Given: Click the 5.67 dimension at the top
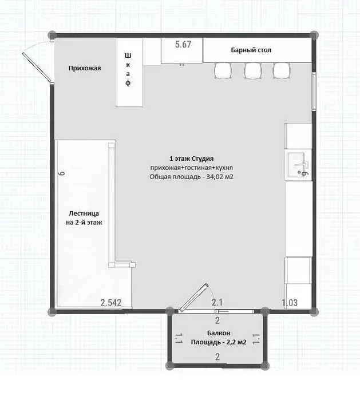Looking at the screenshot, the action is pos(183,45).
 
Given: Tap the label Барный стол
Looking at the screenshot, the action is pos(251,50).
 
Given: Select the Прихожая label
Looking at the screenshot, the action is pos(85,68).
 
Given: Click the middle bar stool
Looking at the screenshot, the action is pos(252,70).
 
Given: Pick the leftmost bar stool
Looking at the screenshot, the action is pos(223,70).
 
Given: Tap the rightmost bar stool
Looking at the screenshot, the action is pos(282,70).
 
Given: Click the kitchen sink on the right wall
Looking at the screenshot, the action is pos(298,165).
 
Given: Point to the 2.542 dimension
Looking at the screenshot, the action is pos(110,303).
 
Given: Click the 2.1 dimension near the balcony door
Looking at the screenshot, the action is pos(217,303).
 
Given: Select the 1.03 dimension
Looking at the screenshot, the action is pos(290,303).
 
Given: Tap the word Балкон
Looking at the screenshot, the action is pos(219,333).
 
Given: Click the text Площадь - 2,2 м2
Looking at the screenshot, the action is pos(219,342).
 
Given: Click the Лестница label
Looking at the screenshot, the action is pos(84,213).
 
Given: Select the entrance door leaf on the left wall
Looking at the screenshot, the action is pos(37,68).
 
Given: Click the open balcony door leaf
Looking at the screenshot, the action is pos(193,298).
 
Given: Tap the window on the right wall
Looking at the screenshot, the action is pos(314,92).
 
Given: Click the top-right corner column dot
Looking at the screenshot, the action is pos(314,34).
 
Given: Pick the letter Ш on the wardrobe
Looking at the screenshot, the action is pos(128,56).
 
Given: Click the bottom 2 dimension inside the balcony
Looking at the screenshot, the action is pos(217,357).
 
